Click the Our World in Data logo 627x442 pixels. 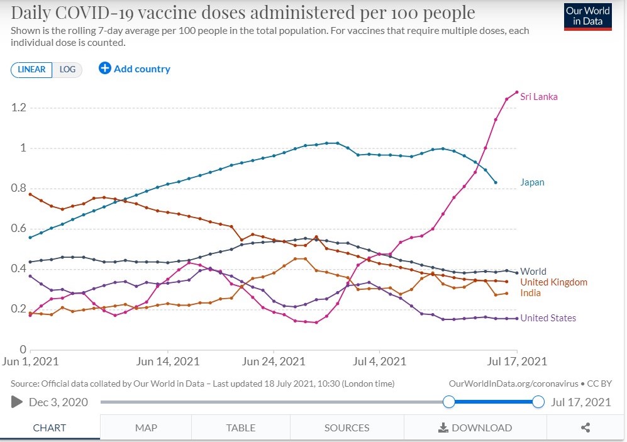click(x=588, y=17)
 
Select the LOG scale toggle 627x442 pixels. click(x=67, y=70)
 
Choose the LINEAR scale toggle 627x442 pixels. click(x=31, y=70)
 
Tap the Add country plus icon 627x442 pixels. click(x=105, y=69)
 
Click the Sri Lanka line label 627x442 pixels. click(x=538, y=97)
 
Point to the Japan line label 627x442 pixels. click(x=532, y=182)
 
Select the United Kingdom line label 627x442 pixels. click(x=554, y=282)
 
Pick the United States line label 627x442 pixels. click(x=548, y=318)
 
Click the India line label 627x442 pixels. click(x=531, y=293)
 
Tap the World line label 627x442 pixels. click(x=533, y=272)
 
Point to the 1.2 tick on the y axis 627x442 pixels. click(x=18, y=108)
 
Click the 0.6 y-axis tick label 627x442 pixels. click(x=18, y=228)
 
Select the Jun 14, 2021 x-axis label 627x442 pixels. click(x=167, y=362)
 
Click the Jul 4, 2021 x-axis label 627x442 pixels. click(x=379, y=362)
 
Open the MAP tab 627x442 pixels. click(x=146, y=428)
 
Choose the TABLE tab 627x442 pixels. click(x=241, y=428)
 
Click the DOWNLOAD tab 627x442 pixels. click(x=475, y=428)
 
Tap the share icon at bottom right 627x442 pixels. click(x=585, y=428)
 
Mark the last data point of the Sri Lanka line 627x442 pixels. click(x=517, y=92)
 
